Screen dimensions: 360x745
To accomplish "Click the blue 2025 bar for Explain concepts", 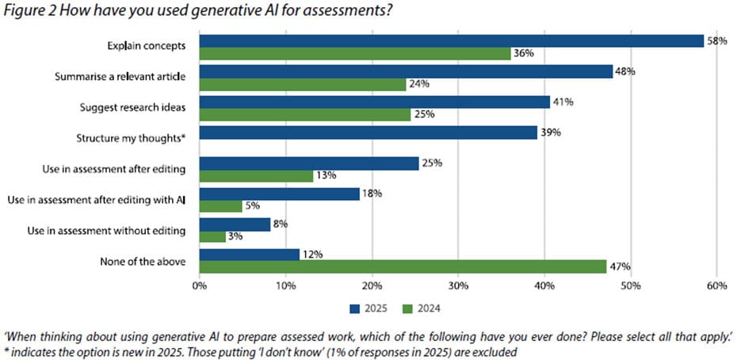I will pyautogui.click(x=452, y=41).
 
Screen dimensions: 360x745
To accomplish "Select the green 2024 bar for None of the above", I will pyautogui.click(x=403, y=267).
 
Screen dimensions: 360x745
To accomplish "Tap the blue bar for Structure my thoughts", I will pyautogui.click(x=369, y=132).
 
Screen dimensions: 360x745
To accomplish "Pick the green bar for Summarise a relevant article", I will pyautogui.click(x=303, y=84).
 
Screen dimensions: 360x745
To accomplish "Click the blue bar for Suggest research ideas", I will pyautogui.click(x=375, y=101).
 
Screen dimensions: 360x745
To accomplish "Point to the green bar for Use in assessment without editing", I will pyautogui.click(x=212, y=237).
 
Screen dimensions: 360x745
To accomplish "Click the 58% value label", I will pyautogui.click(x=717, y=41).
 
